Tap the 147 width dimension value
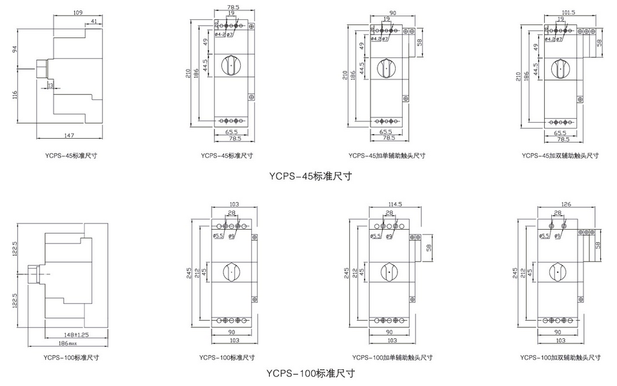pyautogui.click(x=70, y=135)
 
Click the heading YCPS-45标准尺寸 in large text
pyautogui.click(x=310, y=175)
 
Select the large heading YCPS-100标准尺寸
pyautogui.click(x=310, y=372)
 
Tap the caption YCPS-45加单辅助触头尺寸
pyautogui.click(x=387, y=156)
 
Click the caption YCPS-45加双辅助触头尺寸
pyautogui.click(x=561, y=156)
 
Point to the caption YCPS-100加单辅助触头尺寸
pyautogui.click(x=392, y=357)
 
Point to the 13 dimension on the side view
pyautogui.click(x=50, y=85)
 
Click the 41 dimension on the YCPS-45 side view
pyautogui.click(x=95, y=22)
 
